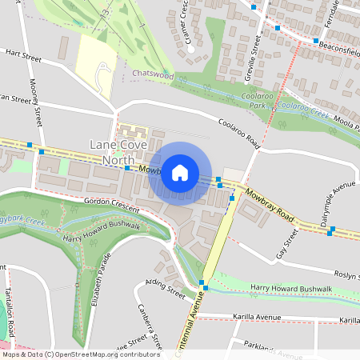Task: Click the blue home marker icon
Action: click(x=180, y=173)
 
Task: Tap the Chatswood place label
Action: click(x=153, y=74)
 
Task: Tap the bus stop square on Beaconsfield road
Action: click(x=316, y=41)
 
